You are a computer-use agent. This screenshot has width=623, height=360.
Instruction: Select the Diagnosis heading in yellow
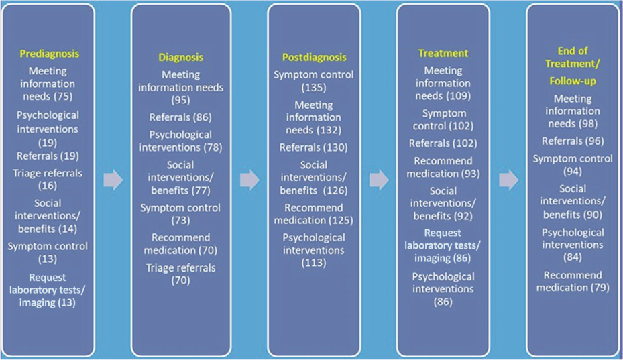pos(180,57)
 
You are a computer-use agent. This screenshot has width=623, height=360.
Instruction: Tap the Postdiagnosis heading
pos(313,57)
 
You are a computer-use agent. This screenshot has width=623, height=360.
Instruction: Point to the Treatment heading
pos(443,53)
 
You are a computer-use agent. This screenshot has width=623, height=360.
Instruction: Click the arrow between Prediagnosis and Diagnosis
pos(113,180)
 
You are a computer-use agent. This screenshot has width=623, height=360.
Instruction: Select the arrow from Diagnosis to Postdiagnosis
pos(249,180)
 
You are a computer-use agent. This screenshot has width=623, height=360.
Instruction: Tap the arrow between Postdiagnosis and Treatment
pos(379,180)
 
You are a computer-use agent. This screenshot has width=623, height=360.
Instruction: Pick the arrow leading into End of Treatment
pos(508,180)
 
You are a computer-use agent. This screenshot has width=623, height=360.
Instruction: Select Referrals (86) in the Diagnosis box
pos(180,117)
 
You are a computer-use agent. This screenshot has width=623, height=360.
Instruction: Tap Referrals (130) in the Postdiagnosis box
pos(313,147)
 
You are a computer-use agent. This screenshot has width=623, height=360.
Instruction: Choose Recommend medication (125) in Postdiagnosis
pos(313,213)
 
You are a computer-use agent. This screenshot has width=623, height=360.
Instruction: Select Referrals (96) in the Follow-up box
pos(572,141)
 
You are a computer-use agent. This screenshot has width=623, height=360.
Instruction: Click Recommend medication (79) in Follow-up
pos(572,282)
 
